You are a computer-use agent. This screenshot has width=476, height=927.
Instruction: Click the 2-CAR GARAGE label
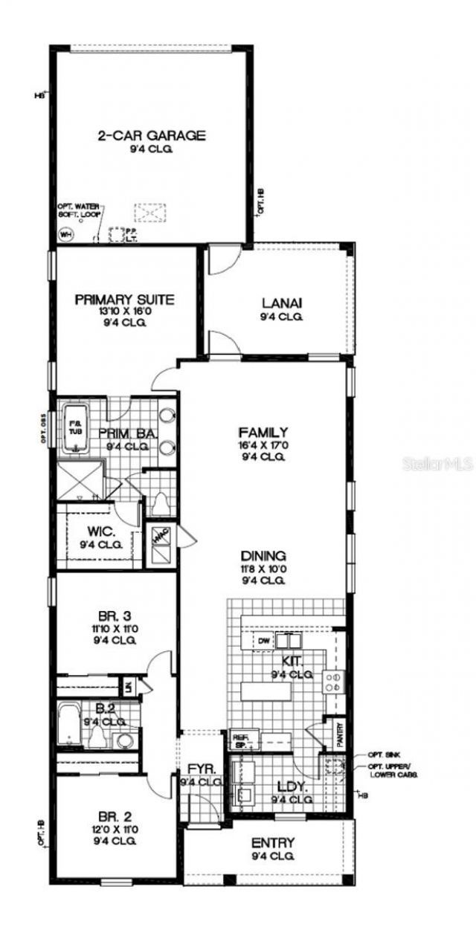click(x=151, y=135)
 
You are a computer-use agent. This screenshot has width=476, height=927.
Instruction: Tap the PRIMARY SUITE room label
click(x=124, y=300)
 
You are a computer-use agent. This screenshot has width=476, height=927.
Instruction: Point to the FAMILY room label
click(x=263, y=431)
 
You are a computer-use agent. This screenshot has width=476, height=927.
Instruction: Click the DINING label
click(x=263, y=555)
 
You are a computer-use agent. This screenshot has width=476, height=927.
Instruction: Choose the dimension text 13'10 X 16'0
click(x=124, y=312)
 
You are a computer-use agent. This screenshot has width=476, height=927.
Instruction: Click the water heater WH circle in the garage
click(x=65, y=233)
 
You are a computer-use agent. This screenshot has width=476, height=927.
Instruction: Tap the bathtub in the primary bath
click(x=74, y=430)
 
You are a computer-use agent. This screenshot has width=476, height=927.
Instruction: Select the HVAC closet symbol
click(x=161, y=536)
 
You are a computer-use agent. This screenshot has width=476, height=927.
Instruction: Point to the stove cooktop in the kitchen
click(x=333, y=682)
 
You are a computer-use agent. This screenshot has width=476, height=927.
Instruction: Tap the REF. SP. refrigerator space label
click(x=241, y=739)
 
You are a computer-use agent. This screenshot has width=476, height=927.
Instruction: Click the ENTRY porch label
click(x=273, y=842)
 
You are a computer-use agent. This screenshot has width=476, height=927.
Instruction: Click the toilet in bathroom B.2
click(x=98, y=735)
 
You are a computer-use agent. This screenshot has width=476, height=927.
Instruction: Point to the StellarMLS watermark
click(x=437, y=462)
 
